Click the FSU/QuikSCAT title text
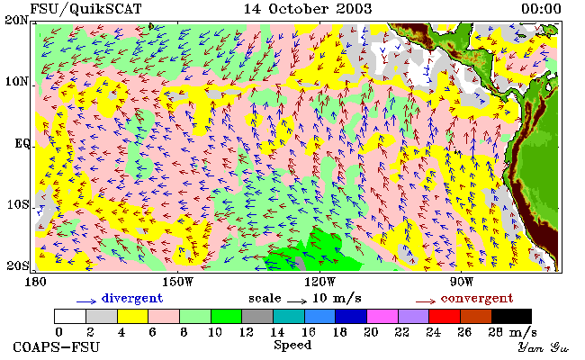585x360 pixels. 85,9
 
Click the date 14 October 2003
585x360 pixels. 308,9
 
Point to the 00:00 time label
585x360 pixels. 541,9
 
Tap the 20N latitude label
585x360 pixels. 16,20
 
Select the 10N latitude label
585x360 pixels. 16,81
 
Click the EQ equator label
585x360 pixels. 22,143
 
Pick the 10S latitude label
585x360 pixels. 17,205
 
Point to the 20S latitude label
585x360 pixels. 17,265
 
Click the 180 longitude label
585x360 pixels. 35,282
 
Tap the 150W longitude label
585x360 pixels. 177,282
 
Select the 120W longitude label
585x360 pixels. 319,282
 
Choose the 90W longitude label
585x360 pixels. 462,282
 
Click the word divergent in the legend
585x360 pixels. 132,299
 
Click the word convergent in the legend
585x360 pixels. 477,299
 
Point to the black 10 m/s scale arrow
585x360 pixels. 297,301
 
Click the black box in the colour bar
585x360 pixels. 511,316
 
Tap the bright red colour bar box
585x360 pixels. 445,316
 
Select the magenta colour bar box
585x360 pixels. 382,316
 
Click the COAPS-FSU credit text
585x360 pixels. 57,347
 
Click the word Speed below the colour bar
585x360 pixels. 292,345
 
